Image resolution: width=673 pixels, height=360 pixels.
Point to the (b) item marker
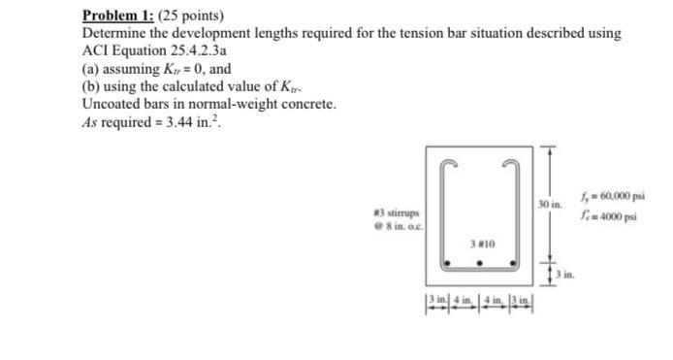click(x=92, y=85)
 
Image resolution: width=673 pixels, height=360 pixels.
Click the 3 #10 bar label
click(x=483, y=244)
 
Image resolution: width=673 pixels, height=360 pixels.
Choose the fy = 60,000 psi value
click(x=607, y=198)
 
